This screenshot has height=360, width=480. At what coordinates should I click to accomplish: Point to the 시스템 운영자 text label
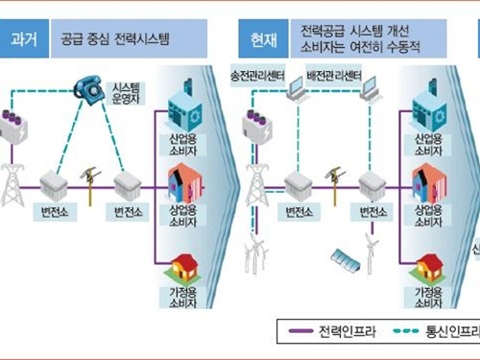(128, 92)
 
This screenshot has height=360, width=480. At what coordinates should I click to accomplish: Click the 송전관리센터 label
(253, 74)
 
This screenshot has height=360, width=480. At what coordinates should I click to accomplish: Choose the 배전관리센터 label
(332, 74)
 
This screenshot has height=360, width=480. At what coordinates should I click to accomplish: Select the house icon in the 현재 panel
(426, 268)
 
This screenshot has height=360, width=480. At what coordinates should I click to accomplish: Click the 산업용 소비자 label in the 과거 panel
(181, 147)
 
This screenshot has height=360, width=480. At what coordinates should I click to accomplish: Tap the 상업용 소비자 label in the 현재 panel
(427, 216)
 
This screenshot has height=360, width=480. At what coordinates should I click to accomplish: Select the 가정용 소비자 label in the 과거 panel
(180, 300)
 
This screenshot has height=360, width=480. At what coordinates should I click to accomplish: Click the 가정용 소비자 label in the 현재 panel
(426, 300)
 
